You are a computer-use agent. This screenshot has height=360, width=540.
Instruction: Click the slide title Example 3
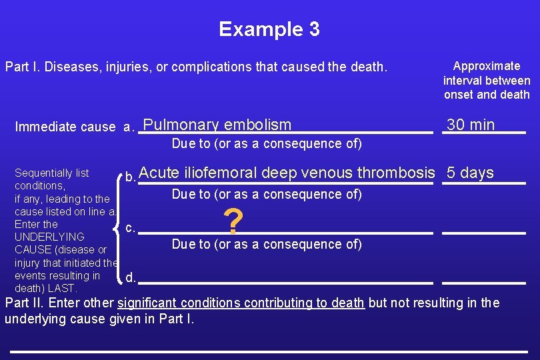click(269, 29)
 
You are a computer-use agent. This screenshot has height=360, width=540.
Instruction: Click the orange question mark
click(233, 221)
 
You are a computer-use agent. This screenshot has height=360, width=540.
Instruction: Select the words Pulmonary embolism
click(217, 125)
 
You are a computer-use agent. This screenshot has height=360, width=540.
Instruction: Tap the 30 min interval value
click(471, 125)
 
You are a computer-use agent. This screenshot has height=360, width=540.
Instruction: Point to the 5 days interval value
click(470, 173)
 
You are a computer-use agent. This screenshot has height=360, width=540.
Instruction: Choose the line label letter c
click(130, 228)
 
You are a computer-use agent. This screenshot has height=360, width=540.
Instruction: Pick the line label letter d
click(131, 277)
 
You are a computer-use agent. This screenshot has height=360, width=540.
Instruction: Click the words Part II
click(22, 303)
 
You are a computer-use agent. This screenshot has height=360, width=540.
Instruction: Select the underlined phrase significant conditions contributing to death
click(241, 303)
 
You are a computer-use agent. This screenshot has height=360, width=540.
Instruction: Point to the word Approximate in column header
click(487, 66)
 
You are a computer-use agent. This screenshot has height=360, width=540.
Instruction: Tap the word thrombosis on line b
click(396, 173)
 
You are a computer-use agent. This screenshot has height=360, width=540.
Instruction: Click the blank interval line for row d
click(483, 283)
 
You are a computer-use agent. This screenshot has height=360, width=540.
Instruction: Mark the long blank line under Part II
click(269, 351)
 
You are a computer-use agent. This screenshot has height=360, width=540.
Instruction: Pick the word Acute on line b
click(159, 173)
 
